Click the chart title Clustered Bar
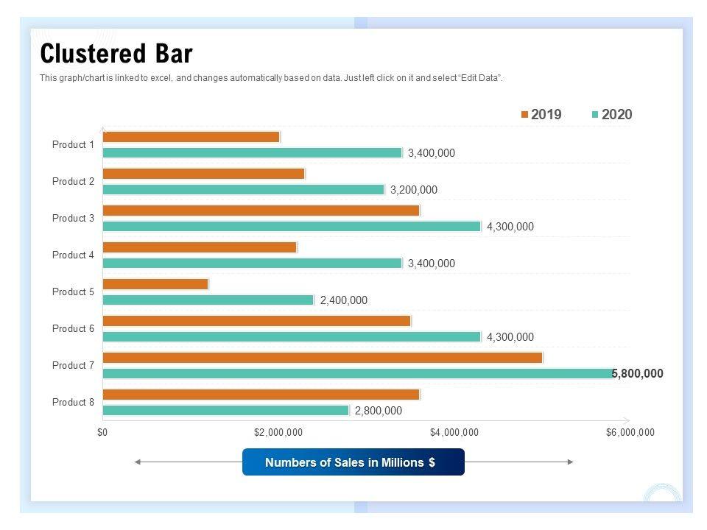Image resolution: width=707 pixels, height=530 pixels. pyautogui.click(x=116, y=54)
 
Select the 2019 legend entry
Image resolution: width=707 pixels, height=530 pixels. pyautogui.click(x=541, y=114)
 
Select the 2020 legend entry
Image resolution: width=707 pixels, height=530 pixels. pyautogui.click(x=612, y=114)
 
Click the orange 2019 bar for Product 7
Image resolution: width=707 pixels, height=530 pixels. pyautogui.click(x=323, y=358)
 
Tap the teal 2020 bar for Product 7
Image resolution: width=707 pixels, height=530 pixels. pyautogui.click(x=358, y=374)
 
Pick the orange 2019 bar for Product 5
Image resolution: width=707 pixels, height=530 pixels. pyautogui.click(x=155, y=284)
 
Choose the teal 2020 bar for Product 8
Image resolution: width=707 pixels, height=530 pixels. pyautogui.click(x=225, y=411)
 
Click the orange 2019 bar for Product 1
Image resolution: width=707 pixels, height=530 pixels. pyautogui.click(x=191, y=137)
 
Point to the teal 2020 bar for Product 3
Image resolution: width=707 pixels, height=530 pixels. pyautogui.click(x=292, y=227)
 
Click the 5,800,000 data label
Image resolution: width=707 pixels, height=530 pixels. pyautogui.click(x=638, y=374)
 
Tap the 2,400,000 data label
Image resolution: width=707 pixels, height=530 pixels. pyautogui.click(x=343, y=300)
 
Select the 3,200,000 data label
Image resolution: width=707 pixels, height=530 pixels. pyautogui.click(x=413, y=190)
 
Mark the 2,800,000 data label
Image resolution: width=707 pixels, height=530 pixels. pyautogui.click(x=379, y=411)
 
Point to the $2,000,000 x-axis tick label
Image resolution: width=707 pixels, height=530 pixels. pyautogui.click(x=278, y=433)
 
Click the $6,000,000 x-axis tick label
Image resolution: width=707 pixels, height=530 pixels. pyautogui.click(x=630, y=433)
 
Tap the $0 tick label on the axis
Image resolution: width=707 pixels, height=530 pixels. pyautogui.click(x=102, y=433)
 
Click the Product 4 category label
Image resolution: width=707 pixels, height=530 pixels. pyautogui.click(x=73, y=255)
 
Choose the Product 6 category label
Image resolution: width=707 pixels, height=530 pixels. pyautogui.click(x=73, y=329)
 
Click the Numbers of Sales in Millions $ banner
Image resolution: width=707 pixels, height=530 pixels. pyautogui.click(x=353, y=462)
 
